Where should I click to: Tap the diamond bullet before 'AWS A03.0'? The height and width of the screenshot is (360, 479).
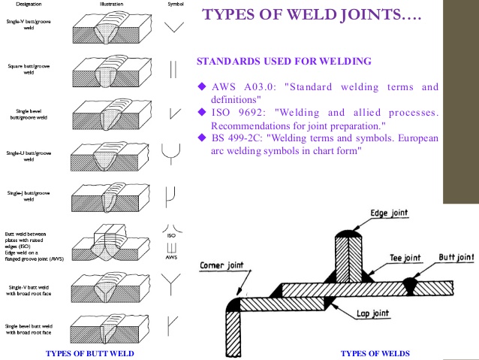pos(201,86)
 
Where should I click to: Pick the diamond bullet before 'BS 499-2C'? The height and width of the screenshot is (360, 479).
pos(201,138)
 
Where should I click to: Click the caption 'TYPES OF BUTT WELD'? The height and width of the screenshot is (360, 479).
pos(92,352)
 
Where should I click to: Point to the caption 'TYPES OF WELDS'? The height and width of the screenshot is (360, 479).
pos(375,352)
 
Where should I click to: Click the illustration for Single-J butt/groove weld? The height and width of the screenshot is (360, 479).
pos(113,199)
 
